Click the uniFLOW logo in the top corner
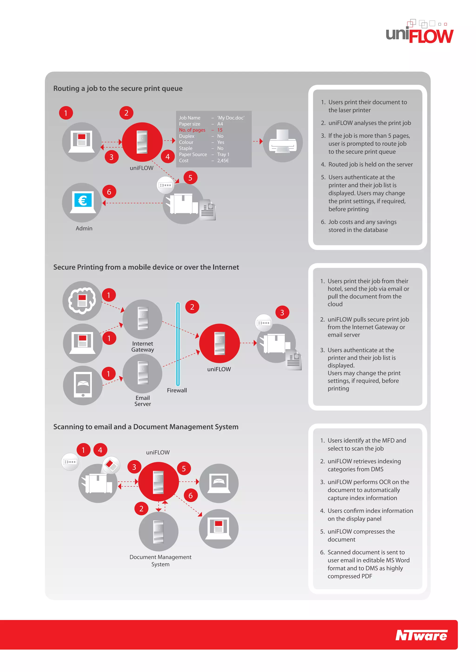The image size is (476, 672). (420, 33)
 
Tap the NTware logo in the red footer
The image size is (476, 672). (421, 635)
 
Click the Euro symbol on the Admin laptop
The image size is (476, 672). (82, 200)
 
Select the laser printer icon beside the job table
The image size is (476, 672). (283, 142)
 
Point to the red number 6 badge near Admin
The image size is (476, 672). (109, 192)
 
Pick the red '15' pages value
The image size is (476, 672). (220, 130)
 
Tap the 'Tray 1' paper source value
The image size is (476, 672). (223, 155)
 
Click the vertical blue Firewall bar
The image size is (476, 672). (178, 344)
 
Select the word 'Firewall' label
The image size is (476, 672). (177, 390)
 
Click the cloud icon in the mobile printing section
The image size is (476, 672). (82, 300)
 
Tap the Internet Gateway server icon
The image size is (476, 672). (142, 319)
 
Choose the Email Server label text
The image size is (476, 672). (143, 401)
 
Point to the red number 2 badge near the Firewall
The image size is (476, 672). (192, 307)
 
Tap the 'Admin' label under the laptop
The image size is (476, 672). (84, 228)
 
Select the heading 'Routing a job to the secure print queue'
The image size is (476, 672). (118, 88)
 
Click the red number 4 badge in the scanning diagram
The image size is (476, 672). (100, 450)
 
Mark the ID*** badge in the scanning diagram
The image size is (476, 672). (70, 462)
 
